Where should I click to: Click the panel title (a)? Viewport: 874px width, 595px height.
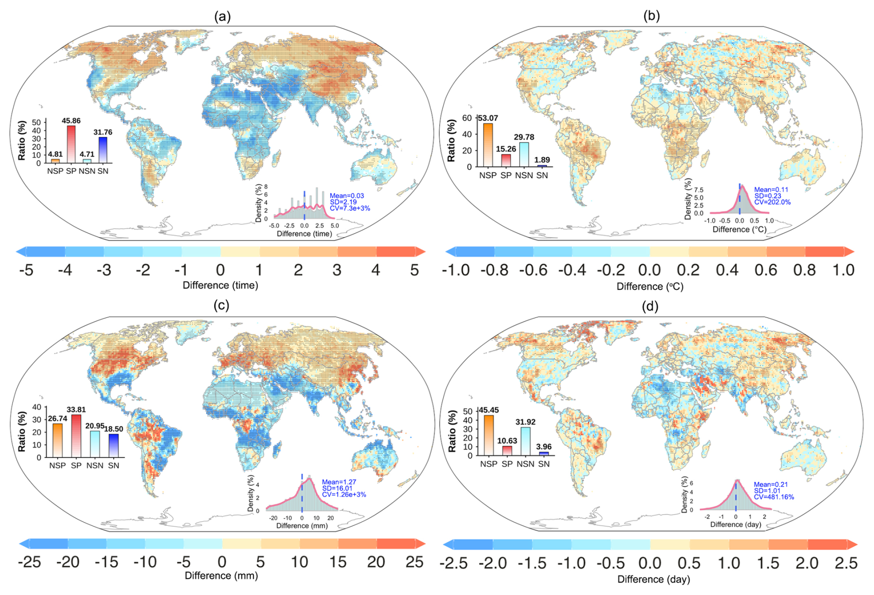[x=222, y=17]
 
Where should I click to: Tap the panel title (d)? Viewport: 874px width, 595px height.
[x=650, y=307]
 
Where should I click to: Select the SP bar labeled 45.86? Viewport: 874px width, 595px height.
[x=71, y=144]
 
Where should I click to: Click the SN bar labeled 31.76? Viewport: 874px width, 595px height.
[x=103, y=150]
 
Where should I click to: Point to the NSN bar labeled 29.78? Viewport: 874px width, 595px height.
[x=524, y=155]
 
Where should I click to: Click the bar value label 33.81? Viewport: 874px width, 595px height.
[x=76, y=409]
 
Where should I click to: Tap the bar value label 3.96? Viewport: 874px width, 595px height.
[x=544, y=446]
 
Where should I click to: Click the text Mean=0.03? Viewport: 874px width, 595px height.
[x=347, y=196]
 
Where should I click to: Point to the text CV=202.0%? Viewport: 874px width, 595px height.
[x=772, y=202]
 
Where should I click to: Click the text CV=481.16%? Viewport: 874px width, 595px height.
[x=774, y=497]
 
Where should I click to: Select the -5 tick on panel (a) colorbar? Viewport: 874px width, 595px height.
[x=26, y=270]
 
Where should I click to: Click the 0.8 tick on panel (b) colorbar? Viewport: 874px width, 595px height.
[x=805, y=270]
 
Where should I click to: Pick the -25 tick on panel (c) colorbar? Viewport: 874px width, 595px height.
[x=29, y=562]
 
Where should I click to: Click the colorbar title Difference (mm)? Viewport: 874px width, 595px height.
[x=221, y=576]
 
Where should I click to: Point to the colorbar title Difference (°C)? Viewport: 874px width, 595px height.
[x=650, y=286]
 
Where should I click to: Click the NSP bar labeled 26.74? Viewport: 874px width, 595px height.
[x=57, y=440]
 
